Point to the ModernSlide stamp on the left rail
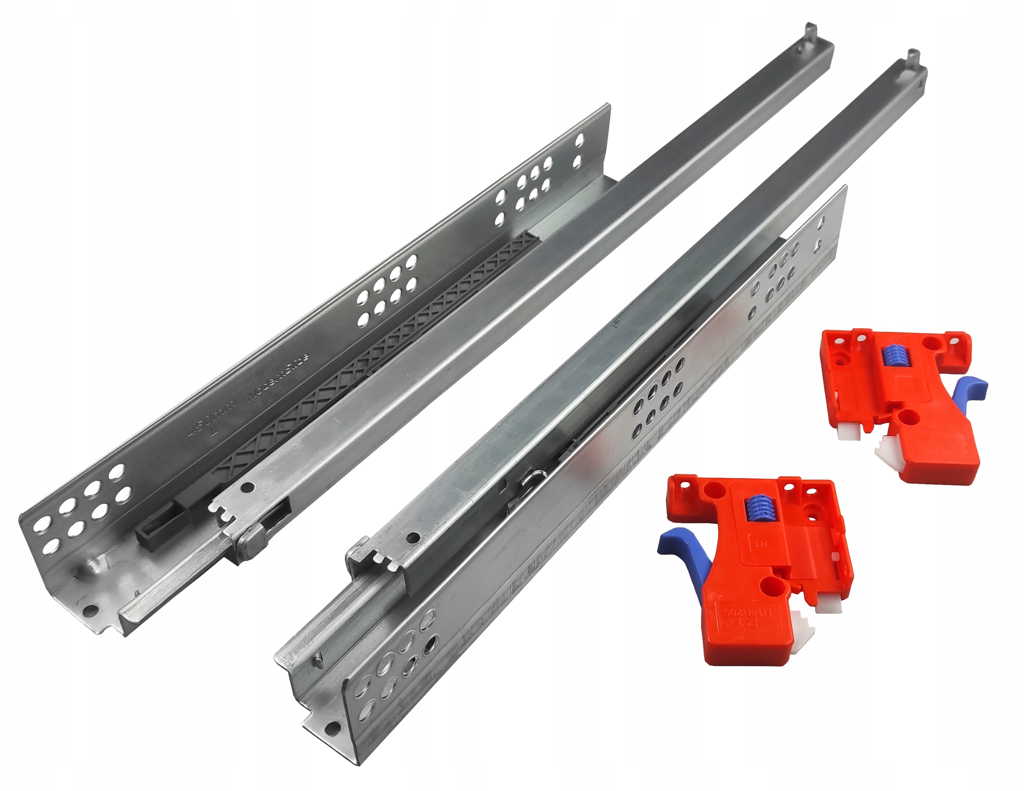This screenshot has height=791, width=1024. click(x=278, y=378)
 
